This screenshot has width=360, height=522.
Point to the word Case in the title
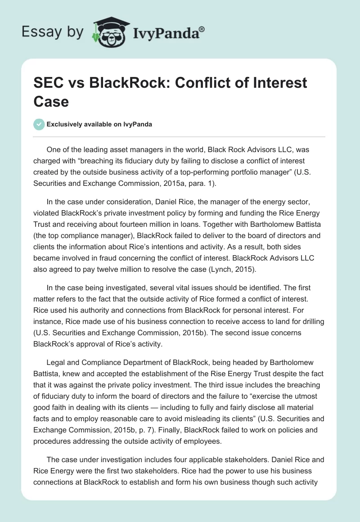click(x=51, y=101)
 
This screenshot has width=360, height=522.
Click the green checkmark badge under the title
click(x=39, y=124)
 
